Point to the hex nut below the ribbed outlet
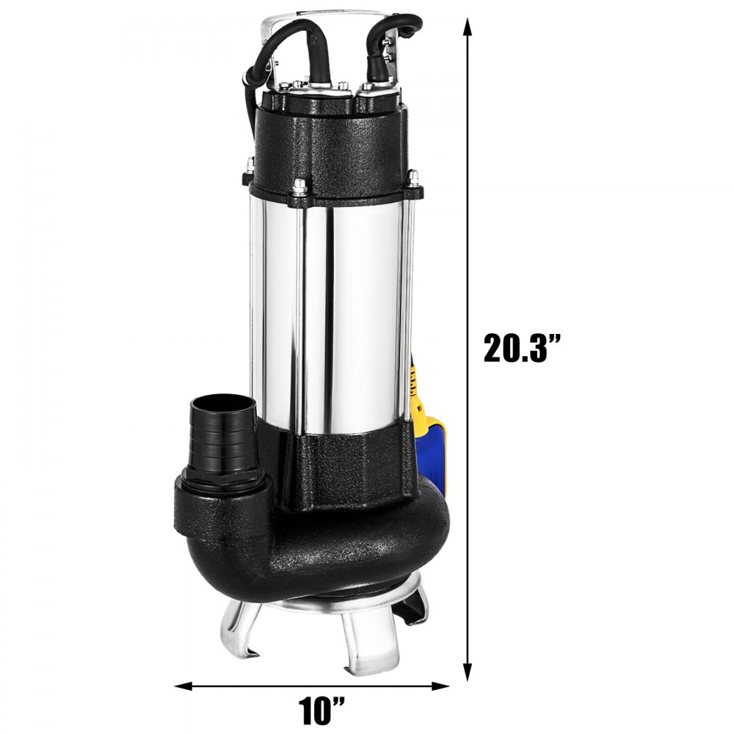coord(220,481)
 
